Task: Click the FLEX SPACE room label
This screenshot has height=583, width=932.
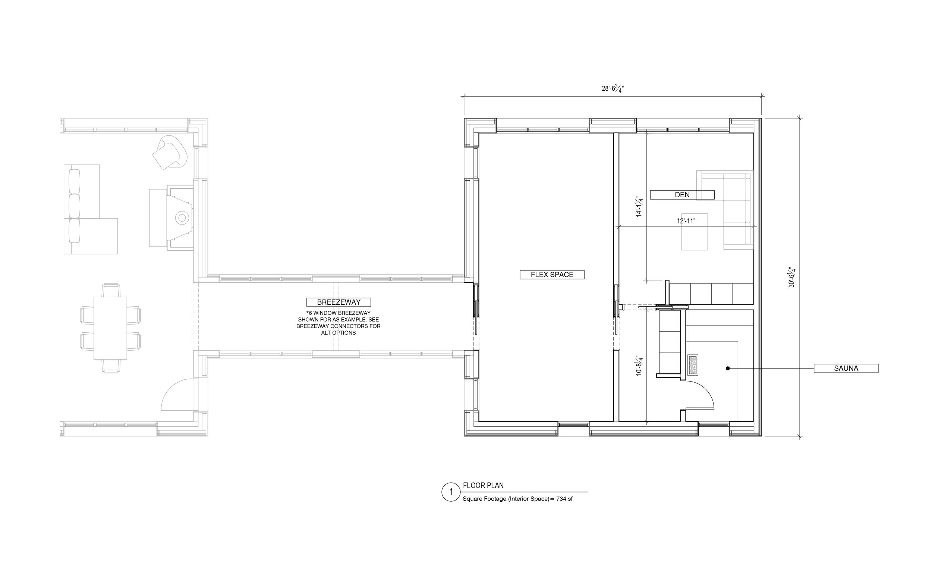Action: (x=552, y=275)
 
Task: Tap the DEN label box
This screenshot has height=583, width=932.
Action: (x=682, y=195)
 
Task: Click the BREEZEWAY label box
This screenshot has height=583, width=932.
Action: (x=339, y=302)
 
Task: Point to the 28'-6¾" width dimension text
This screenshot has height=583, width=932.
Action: (x=613, y=88)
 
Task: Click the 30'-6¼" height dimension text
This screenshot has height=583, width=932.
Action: (x=792, y=277)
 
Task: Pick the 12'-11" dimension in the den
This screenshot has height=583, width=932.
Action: (x=686, y=221)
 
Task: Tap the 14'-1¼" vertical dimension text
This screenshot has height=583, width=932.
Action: (x=640, y=207)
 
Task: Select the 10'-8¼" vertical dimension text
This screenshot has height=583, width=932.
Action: (x=640, y=366)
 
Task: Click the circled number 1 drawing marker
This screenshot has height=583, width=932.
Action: (x=451, y=492)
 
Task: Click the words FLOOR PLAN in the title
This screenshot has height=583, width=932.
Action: (x=483, y=485)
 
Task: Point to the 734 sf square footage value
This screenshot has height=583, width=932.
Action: (x=564, y=499)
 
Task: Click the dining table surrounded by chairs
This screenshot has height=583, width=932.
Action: (x=110, y=328)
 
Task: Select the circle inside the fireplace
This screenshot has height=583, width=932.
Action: (x=182, y=218)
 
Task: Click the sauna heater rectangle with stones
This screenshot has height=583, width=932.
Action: (x=693, y=365)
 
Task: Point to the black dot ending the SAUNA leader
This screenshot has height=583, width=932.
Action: (x=728, y=369)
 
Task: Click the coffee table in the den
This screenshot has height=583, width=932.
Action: (x=695, y=232)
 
